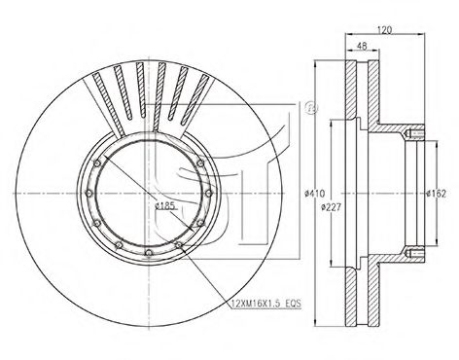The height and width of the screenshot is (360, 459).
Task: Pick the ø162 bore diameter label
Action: click(437, 196)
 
